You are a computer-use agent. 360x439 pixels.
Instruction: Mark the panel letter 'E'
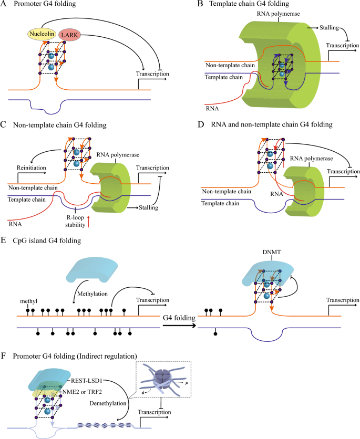pyautogui.click(x=4, y=240)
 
